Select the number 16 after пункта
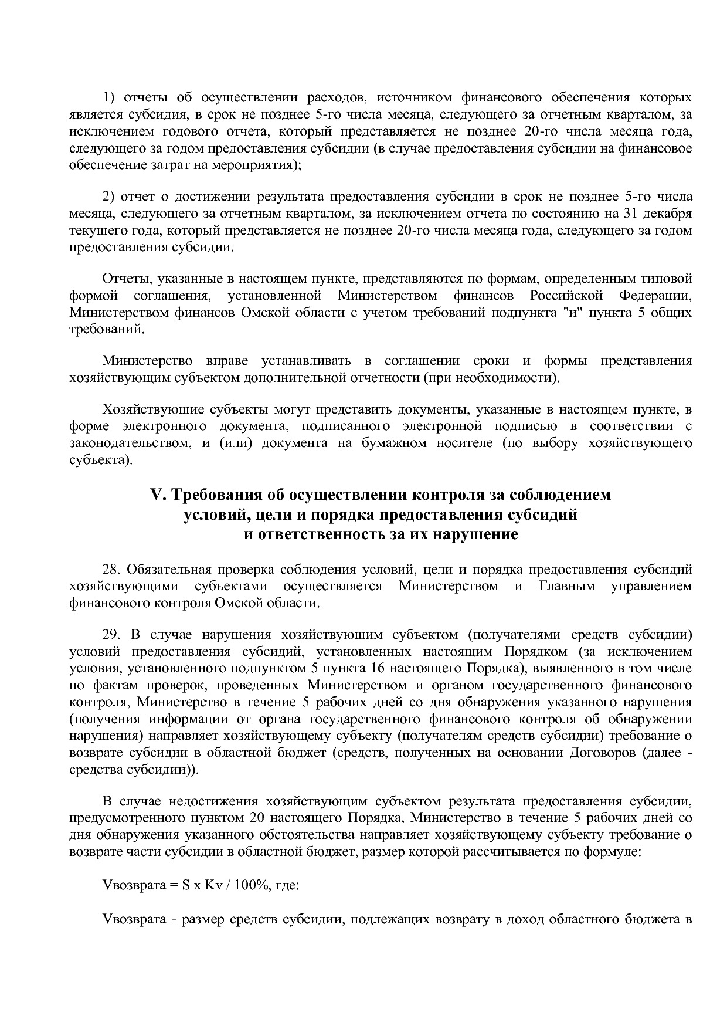pos(378,668)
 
